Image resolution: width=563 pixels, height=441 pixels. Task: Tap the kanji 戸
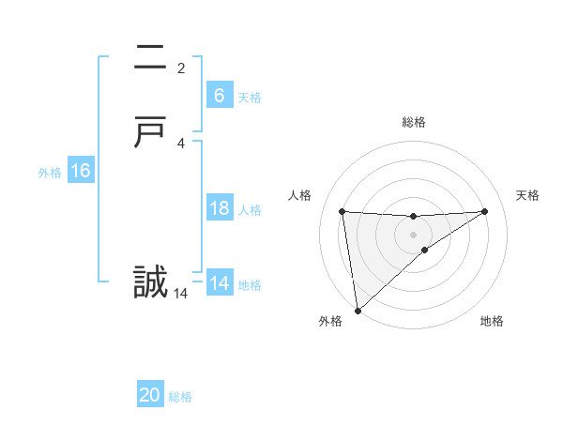click(x=151, y=132)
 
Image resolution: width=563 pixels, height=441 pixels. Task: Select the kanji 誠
click(x=151, y=282)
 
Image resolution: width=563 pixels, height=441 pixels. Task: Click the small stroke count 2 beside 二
click(x=181, y=68)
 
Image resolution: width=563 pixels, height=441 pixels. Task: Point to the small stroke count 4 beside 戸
click(x=181, y=143)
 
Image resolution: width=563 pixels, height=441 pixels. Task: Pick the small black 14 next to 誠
click(x=181, y=294)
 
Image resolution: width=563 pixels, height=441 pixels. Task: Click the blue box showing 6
click(x=219, y=96)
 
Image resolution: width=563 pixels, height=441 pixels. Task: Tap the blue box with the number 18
click(x=219, y=208)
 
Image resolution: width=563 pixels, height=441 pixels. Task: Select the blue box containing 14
click(x=219, y=283)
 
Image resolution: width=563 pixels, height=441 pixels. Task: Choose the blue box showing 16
click(x=80, y=171)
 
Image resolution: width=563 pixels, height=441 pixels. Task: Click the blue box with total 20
click(x=150, y=396)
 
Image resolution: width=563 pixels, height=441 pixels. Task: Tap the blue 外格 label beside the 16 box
click(x=50, y=172)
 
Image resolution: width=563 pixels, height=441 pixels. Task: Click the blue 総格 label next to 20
click(x=180, y=397)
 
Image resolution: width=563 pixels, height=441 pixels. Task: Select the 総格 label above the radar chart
click(x=413, y=122)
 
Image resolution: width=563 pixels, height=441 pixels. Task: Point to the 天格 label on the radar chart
click(x=527, y=195)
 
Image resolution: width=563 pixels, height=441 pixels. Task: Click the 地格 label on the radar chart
click(x=492, y=321)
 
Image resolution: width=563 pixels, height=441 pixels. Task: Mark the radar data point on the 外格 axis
click(x=357, y=311)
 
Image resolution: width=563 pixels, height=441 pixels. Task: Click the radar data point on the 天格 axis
click(x=485, y=211)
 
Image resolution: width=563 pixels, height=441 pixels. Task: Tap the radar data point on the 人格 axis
click(x=342, y=211)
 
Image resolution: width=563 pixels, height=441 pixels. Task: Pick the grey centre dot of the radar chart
click(x=413, y=235)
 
